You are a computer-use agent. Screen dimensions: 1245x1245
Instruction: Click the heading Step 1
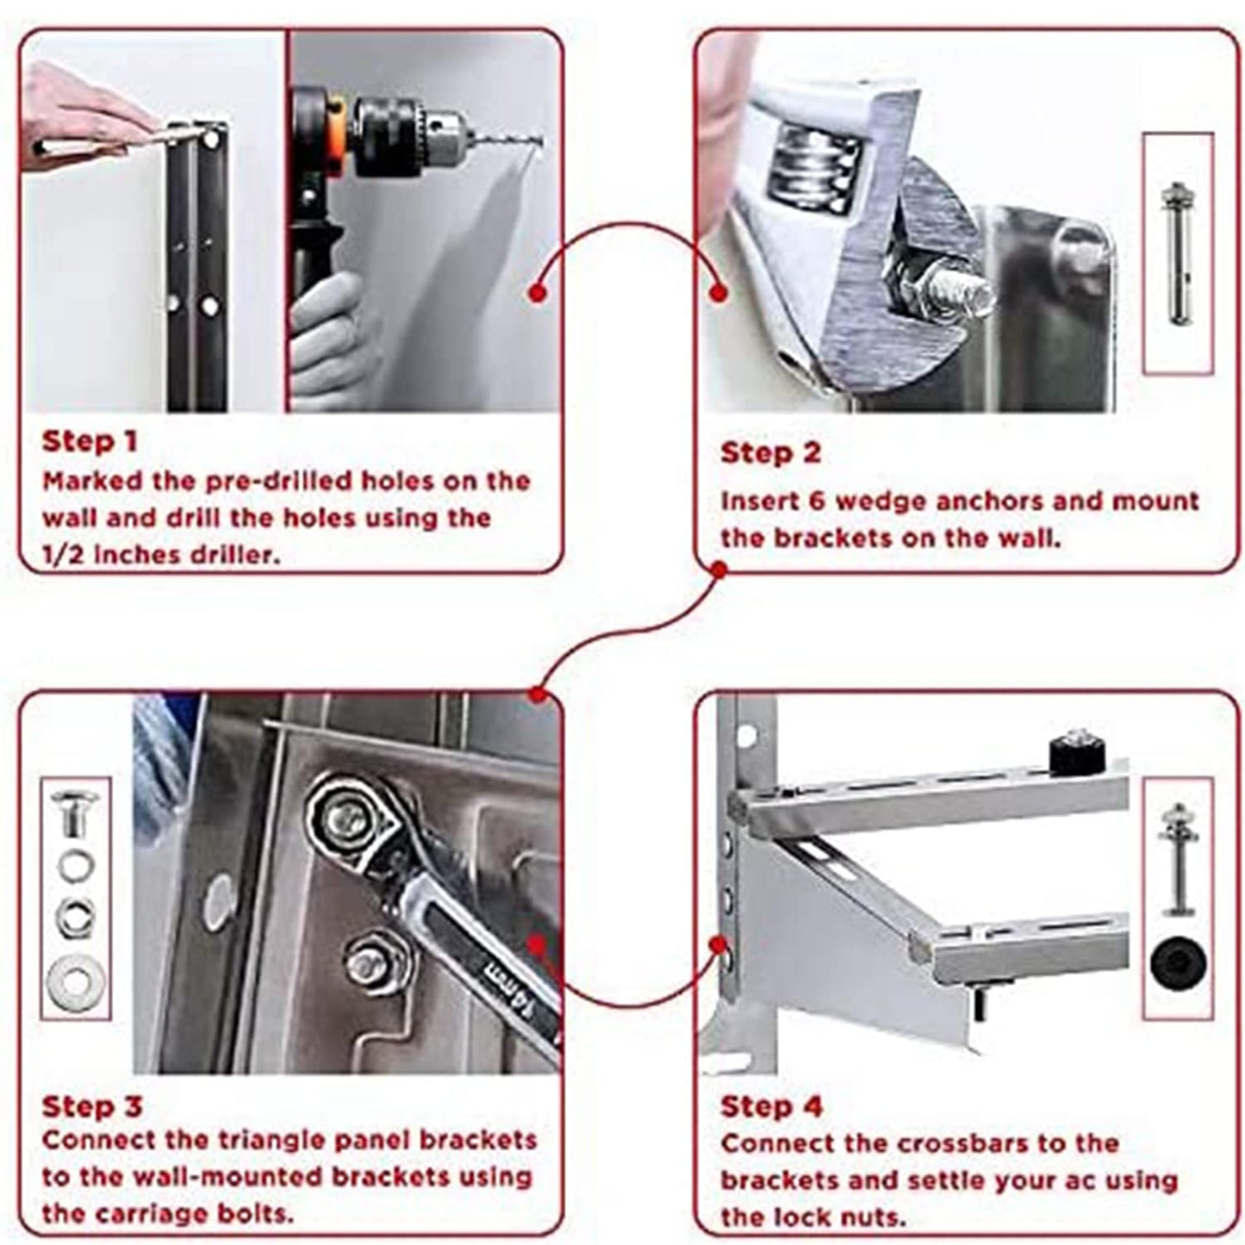[x=90, y=442]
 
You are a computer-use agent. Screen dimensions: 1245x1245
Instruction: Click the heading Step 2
[x=770, y=453]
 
